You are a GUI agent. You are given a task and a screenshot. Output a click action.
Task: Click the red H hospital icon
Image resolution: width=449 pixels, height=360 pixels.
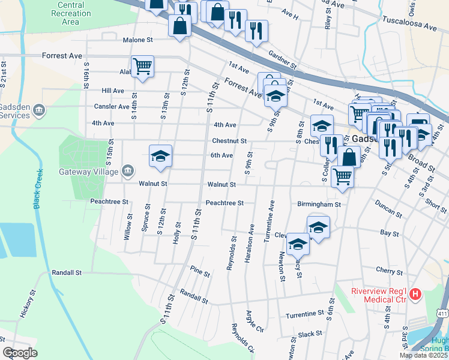coord(415,295)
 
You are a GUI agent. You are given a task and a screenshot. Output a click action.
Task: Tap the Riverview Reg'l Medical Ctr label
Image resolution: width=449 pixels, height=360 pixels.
coord(379,296)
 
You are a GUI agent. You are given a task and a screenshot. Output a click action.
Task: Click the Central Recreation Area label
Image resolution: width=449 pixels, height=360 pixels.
coord(70,13)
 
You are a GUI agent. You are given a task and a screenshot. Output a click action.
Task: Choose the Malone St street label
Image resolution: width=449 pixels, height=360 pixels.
coord(138,40)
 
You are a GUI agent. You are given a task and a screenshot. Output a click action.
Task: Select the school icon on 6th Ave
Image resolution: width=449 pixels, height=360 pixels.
coord(160,155)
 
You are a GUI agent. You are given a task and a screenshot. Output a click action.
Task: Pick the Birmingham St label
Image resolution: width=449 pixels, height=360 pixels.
coord(319,204)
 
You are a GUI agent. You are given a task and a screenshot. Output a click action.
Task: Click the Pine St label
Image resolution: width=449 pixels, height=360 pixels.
coord(200,271)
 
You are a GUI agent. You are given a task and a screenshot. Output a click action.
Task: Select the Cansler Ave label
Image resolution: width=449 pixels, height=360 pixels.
coord(111,107)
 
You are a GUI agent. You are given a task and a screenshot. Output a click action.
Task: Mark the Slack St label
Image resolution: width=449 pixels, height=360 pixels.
coord(310,333)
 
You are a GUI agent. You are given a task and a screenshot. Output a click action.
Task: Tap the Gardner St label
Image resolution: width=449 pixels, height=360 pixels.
coord(283,59)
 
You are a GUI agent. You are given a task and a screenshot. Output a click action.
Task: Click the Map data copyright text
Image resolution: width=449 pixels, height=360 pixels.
coord(423,355)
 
